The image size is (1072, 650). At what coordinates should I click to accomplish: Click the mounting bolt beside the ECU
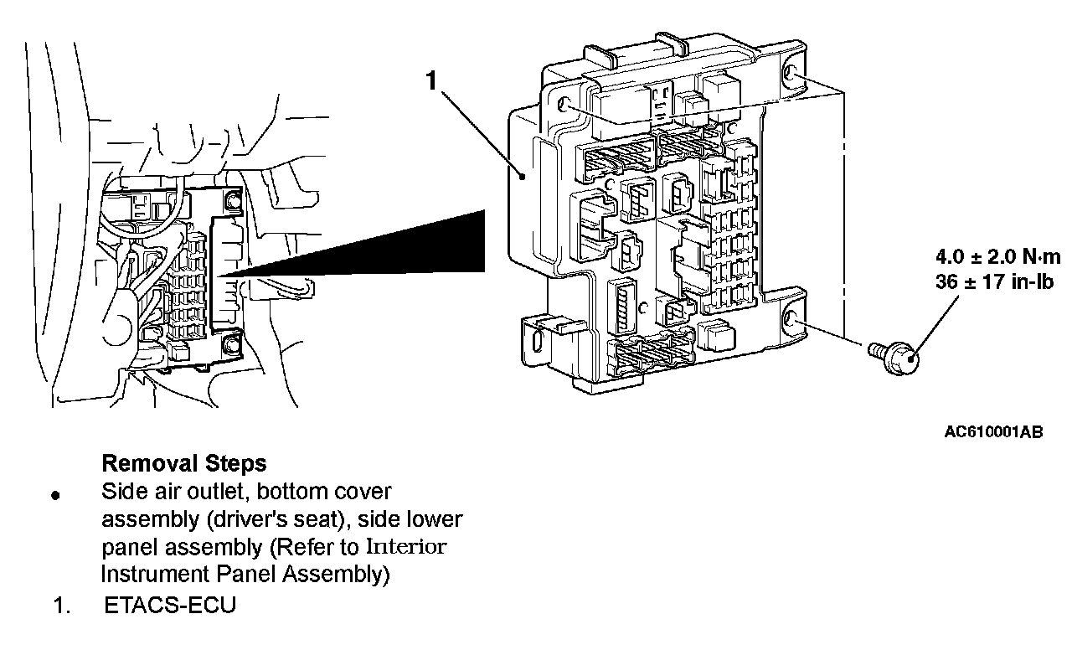tap(894, 356)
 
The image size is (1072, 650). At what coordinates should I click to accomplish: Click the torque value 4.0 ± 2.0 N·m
tap(997, 257)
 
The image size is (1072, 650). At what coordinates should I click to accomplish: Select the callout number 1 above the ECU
tap(431, 81)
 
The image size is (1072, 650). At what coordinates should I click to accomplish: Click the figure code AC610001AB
tap(993, 432)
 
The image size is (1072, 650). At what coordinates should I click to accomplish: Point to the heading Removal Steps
tap(183, 462)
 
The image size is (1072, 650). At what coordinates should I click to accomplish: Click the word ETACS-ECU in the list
tap(170, 606)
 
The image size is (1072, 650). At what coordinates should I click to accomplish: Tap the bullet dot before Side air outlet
tap(56, 494)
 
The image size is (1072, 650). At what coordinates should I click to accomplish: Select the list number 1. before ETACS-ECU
tap(62, 606)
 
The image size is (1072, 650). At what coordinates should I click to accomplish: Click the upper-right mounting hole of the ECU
tap(791, 75)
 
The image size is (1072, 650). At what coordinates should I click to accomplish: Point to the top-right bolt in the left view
tap(231, 201)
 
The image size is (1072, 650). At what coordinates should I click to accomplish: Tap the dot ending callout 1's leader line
tap(522, 176)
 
